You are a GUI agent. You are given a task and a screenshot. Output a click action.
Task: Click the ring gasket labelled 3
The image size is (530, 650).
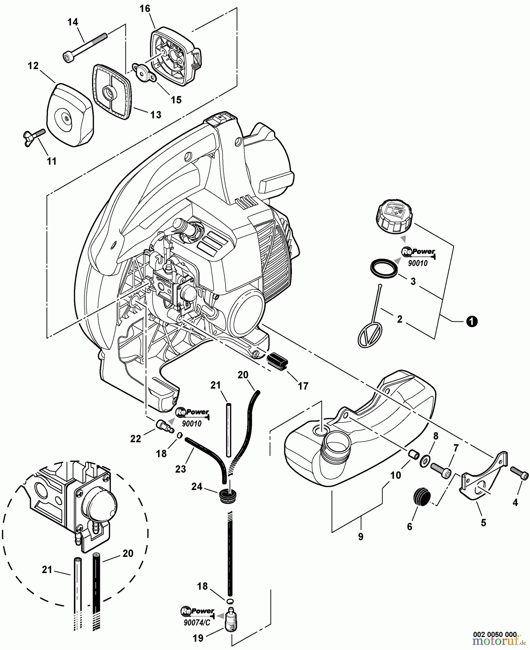point(384,267)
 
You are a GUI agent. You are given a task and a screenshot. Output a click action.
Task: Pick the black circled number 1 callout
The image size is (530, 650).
point(472,321)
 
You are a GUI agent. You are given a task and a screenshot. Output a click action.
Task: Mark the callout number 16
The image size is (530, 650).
point(145,9)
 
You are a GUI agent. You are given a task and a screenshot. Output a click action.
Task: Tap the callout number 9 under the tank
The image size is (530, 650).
point(361,537)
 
